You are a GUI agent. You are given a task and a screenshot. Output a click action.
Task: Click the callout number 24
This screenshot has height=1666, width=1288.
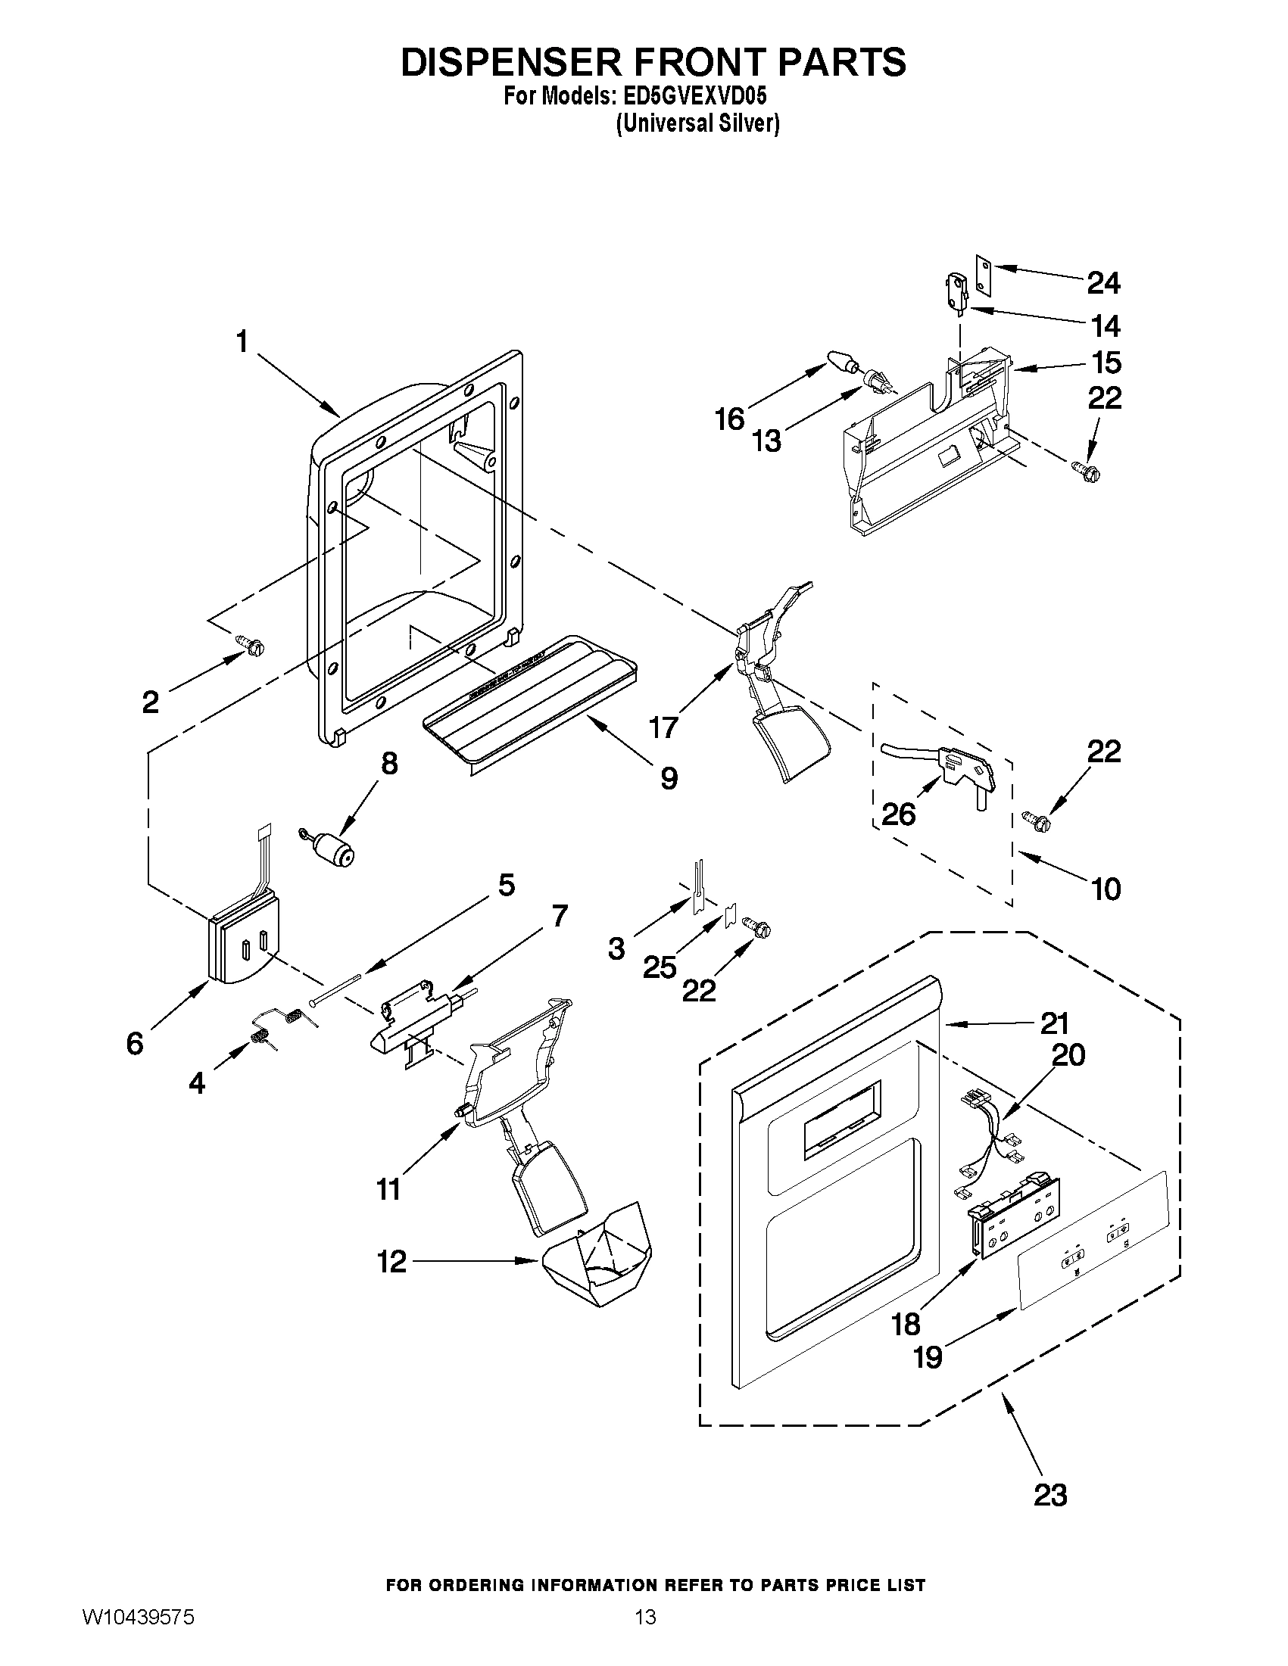point(1102,284)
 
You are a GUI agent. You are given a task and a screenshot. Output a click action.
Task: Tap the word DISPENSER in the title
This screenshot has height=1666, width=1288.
point(513,63)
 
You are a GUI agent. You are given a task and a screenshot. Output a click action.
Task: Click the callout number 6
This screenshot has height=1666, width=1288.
point(135,1044)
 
